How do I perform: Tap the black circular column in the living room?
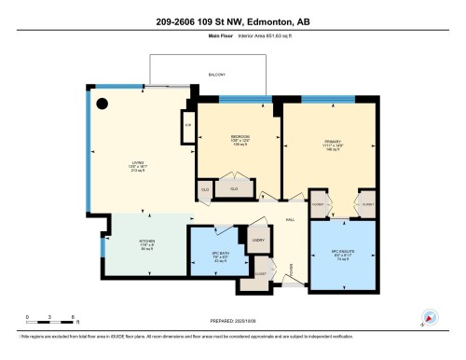click(x=103, y=104)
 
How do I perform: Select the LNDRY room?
click(x=257, y=241)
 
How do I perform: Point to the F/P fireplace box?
click(x=187, y=124)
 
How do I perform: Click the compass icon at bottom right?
click(x=429, y=317)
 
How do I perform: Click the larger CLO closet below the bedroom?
click(x=235, y=189)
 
